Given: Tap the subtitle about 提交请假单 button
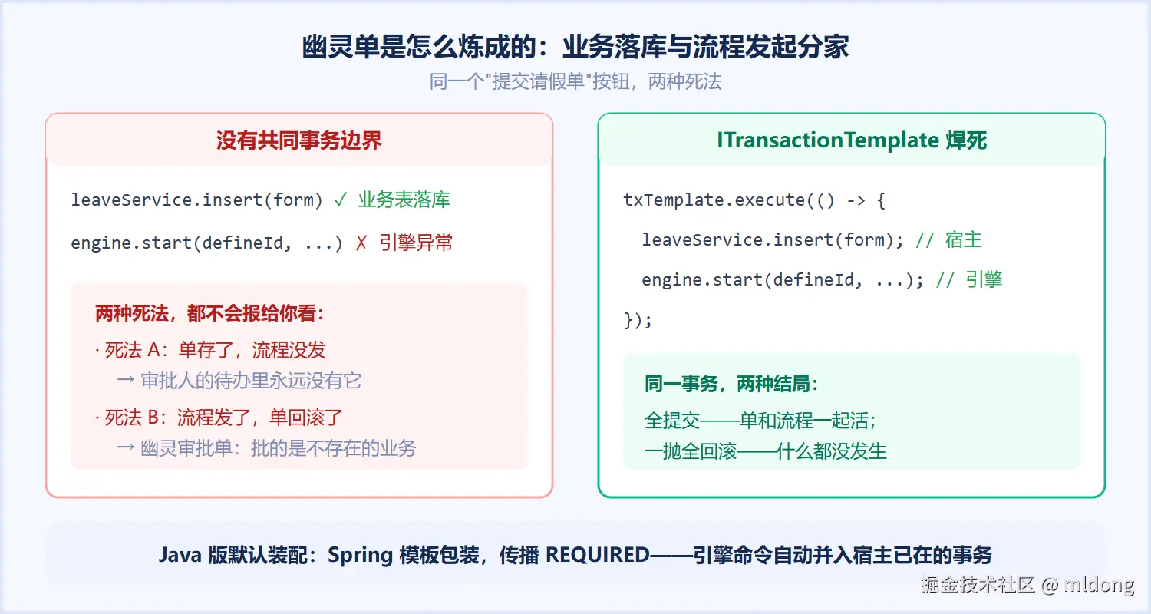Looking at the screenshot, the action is (575, 81).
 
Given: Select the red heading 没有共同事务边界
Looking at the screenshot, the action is (299, 140).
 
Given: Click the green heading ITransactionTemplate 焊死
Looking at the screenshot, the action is (852, 140).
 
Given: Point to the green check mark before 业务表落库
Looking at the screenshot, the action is (340, 200).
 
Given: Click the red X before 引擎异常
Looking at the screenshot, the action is (361, 243).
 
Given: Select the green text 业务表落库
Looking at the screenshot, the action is (404, 200).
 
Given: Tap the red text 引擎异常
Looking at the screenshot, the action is (416, 243).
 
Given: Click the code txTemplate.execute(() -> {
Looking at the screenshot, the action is (754, 200).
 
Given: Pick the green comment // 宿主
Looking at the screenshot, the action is (948, 240).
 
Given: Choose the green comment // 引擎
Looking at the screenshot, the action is (969, 280).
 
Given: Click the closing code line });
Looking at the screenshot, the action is (638, 320).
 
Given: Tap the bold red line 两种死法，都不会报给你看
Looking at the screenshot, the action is (209, 313).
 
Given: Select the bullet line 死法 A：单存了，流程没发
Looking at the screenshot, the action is (210, 350).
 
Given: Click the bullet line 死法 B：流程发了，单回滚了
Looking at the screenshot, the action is (219, 418).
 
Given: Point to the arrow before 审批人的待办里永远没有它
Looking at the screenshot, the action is (126, 381).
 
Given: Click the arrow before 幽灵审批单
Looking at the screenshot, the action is (126, 448).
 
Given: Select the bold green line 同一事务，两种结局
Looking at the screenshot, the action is (731, 384).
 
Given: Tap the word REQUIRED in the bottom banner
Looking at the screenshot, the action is (598, 555).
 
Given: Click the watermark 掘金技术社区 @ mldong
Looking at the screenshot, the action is (1027, 585).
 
